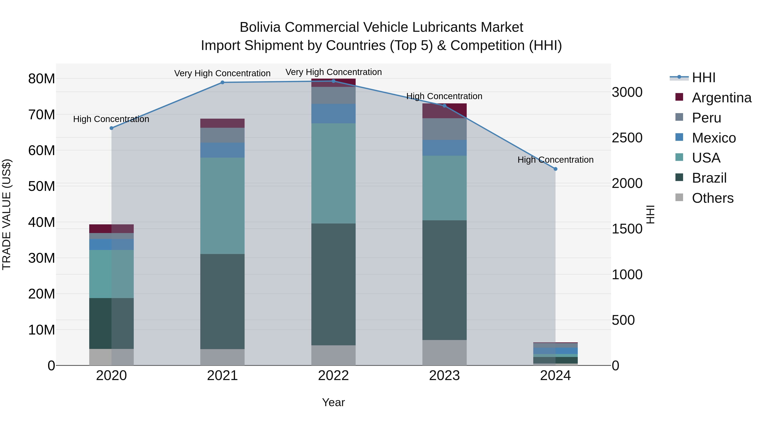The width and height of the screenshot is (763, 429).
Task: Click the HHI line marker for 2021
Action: pos(223,82)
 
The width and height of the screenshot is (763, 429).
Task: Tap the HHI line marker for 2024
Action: pos(555,169)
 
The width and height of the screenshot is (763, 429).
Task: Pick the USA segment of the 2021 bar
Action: pos(223,206)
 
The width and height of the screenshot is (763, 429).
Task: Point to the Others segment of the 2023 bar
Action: pos(444,353)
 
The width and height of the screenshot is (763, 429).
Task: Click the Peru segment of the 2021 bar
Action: pos(223,135)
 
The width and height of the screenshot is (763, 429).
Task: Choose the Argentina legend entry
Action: pos(721,98)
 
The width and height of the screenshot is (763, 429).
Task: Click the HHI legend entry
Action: pos(703,78)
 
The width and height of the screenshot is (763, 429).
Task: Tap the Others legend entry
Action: pos(712,198)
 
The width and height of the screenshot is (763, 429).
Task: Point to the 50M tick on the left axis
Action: pos(42,186)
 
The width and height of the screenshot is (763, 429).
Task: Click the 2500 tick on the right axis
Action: pos(627,138)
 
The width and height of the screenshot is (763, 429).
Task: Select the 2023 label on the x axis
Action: pos(444,376)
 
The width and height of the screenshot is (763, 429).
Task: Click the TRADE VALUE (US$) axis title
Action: pos(7,214)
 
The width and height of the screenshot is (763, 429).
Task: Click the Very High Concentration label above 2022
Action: pos(334,72)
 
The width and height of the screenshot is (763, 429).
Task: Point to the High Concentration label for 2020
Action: pos(111,119)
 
